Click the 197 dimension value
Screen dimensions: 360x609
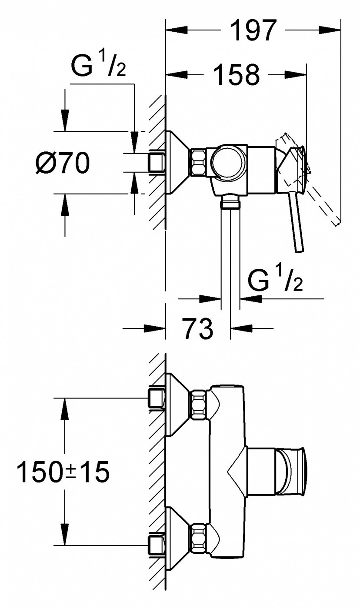[253, 30]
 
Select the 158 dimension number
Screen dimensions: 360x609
[236, 74]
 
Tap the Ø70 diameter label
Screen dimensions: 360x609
[62, 163]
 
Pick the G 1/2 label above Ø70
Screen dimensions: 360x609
[98, 66]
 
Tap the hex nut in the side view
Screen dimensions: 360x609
[199, 163]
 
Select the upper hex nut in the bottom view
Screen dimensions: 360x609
[199, 405]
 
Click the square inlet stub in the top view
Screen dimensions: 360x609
[156, 163]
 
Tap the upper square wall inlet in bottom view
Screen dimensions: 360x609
[156, 398]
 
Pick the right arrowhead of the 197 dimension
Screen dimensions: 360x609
[330, 30]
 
